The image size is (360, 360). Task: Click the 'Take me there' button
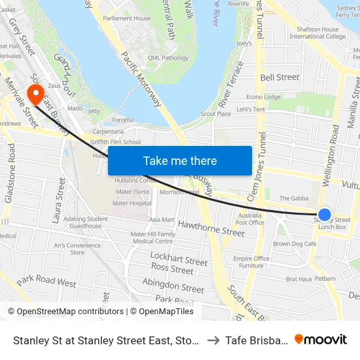click(x=180, y=160)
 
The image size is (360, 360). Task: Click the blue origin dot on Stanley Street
click(x=324, y=214)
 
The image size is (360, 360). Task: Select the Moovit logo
click(x=321, y=339)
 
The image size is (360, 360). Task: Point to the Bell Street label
click(x=279, y=77)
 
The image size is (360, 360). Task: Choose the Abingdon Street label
click(x=173, y=286)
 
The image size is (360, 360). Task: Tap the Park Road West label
click(x=46, y=282)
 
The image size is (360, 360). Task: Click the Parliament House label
click(x=126, y=18)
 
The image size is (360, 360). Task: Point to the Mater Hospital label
click(x=132, y=203)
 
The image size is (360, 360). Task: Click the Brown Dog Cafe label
click(x=295, y=244)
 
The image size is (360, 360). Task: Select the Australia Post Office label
click(x=250, y=219)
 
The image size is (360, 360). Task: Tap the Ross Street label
click(x=172, y=268)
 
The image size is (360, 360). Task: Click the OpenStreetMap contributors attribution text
click(x=66, y=312)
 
